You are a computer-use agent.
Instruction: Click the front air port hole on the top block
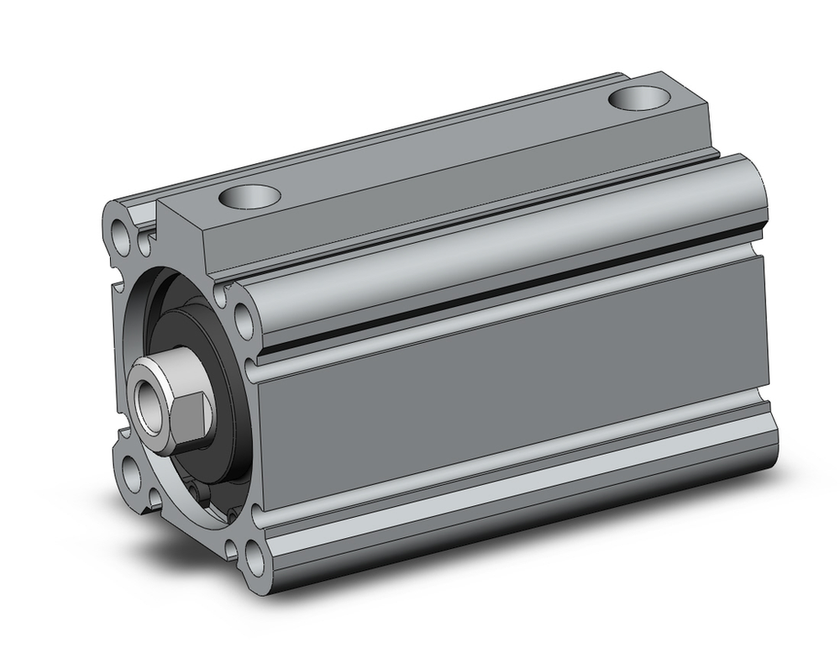[249, 198]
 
